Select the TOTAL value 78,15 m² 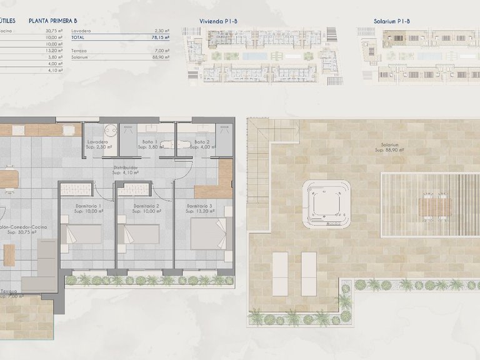[161, 37]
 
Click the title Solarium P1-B [392, 21]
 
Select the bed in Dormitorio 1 [84, 234]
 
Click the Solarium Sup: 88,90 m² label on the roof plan [389, 148]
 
